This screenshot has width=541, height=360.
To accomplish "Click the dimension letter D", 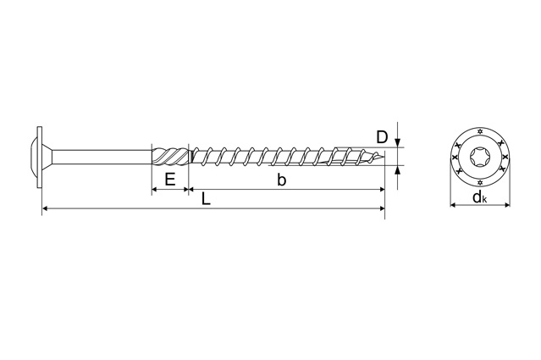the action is click(382, 137).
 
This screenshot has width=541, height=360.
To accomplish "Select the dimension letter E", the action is click(170, 180).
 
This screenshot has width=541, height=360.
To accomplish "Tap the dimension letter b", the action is click(282, 180).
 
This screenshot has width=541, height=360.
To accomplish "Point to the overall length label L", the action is click(206, 199).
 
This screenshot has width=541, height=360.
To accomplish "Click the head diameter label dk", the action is click(480, 197).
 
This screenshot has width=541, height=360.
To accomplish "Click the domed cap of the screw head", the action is click(32, 158).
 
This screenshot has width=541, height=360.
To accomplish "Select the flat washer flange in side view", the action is click(39, 158).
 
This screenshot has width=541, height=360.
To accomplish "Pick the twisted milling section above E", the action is click(171, 157).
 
